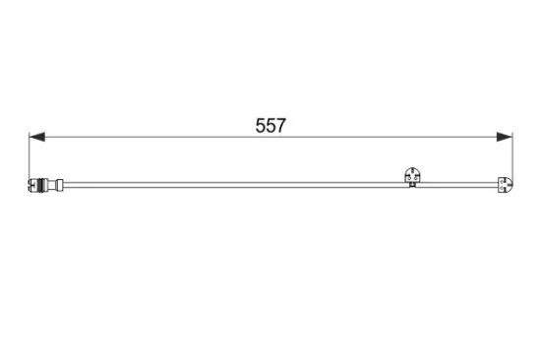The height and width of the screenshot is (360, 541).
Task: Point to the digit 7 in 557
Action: click(x=280, y=127)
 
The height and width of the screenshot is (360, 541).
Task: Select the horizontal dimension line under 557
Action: click(x=148, y=138)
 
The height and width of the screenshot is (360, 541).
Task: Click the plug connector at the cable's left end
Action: click(x=45, y=183)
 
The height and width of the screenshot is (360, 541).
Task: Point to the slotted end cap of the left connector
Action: click(x=32, y=183)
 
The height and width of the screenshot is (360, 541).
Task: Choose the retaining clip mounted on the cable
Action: click(x=412, y=177)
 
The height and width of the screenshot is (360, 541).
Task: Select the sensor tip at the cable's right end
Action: click(x=505, y=184)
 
